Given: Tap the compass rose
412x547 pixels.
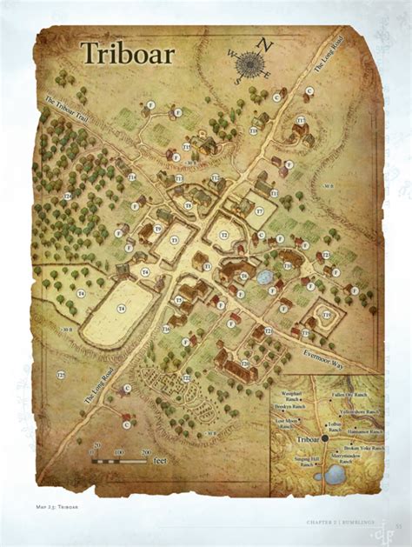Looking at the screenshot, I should point(251,62).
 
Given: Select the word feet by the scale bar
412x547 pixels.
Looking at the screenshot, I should point(160,462).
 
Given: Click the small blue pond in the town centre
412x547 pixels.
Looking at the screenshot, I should point(263,277).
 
